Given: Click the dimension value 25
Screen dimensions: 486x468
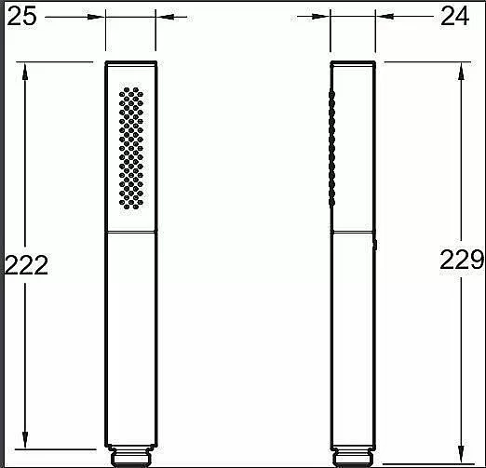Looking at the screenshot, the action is click(x=21, y=17).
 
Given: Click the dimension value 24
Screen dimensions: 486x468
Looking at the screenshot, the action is click(x=454, y=17).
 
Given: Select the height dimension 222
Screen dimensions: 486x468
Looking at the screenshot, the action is click(x=27, y=265).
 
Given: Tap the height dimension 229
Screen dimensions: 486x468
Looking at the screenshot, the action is click(x=462, y=260).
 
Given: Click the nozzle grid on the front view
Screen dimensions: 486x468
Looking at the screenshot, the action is click(x=131, y=148).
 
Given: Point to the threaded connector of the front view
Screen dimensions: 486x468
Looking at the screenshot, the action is click(x=131, y=456).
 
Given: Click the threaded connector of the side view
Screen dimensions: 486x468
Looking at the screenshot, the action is click(x=353, y=458).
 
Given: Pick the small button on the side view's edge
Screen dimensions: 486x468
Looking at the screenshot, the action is click(x=375, y=245).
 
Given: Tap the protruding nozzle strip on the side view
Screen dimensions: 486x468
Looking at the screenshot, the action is click(x=331, y=148).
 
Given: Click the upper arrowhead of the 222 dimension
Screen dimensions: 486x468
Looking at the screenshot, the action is click(x=25, y=72).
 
